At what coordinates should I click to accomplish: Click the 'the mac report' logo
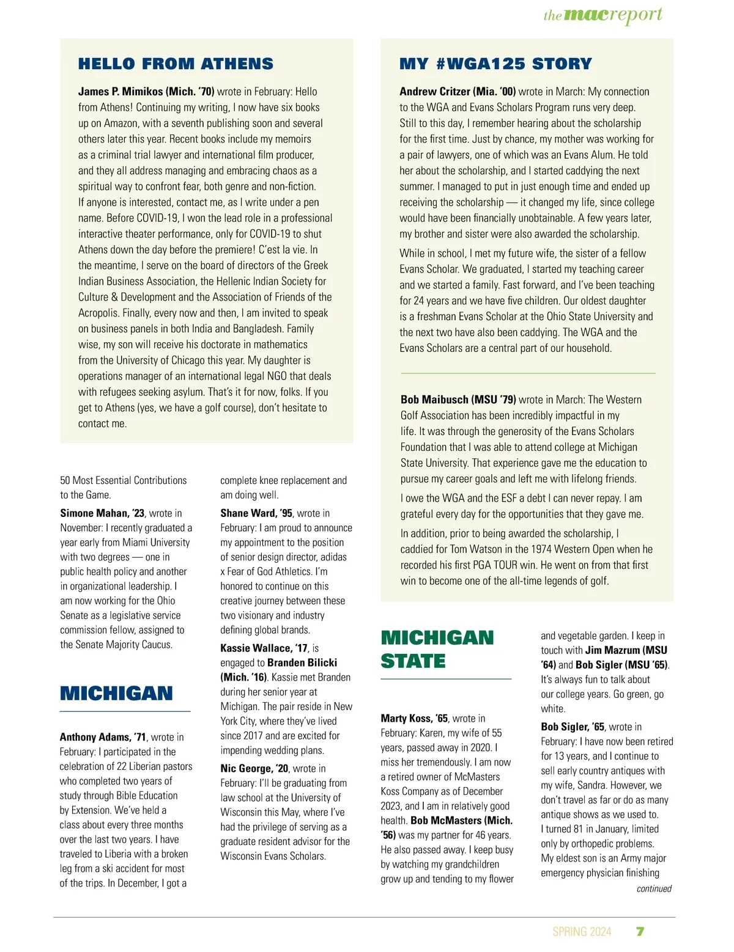coord(602,15)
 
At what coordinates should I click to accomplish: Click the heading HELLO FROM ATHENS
coord(176,64)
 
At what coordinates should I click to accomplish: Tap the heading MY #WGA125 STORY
coord(495,64)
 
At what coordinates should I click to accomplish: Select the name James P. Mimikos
coord(120,92)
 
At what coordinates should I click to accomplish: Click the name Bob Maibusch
coord(435,400)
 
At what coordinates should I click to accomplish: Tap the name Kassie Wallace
coord(256,648)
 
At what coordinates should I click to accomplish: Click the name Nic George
coord(246,769)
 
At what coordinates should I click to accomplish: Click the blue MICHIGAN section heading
coord(116,694)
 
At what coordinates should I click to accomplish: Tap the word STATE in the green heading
coord(413,661)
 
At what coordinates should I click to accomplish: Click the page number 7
coord(640,931)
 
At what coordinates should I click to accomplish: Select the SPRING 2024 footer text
coord(581,932)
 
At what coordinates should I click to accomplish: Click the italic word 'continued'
coord(653,889)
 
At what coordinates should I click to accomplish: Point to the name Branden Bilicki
coord(302,663)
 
